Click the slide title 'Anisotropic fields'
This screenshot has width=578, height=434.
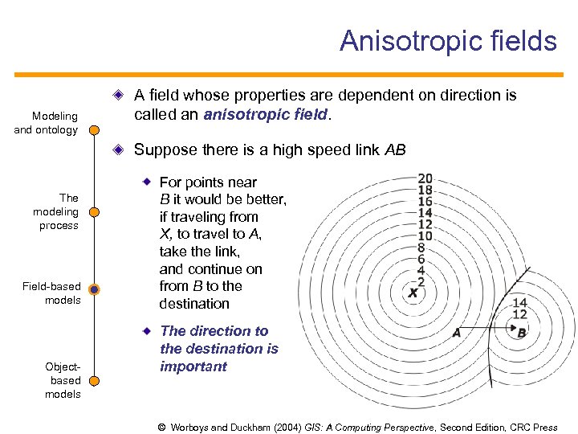click(447, 40)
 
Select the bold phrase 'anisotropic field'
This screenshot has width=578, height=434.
click(266, 114)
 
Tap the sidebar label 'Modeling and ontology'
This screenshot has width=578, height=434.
click(46, 123)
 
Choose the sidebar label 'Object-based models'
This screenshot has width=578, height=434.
click(63, 380)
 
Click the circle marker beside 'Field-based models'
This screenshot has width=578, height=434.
click(94, 290)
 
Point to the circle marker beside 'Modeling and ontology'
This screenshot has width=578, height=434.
click(94, 129)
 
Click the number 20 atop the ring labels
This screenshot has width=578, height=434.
click(425, 178)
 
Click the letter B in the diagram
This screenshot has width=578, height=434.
click(522, 332)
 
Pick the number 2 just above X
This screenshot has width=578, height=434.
click(421, 282)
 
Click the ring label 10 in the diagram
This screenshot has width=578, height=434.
click(425, 236)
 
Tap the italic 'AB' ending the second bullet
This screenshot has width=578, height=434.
click(395, 149)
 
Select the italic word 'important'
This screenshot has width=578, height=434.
click(193, 366)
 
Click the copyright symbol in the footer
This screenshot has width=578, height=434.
click(162, 428)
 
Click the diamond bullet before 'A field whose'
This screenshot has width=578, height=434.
click(119, 95)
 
